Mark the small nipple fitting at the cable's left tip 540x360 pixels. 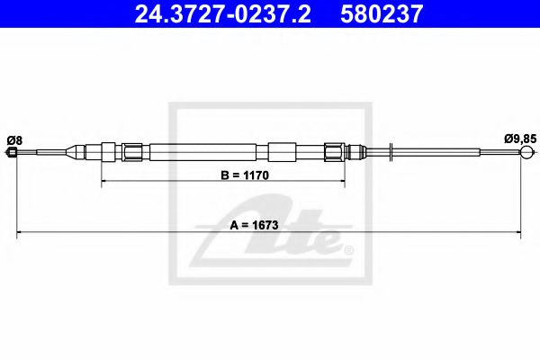pyautogui.click(x=13, y=155)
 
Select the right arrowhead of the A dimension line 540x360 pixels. pyautogui.click(x=519, y=234)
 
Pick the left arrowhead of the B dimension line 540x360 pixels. pyautogui.click(x=103, y=182)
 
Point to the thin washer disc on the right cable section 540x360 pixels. pyautogui.click(x=391, y=150)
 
